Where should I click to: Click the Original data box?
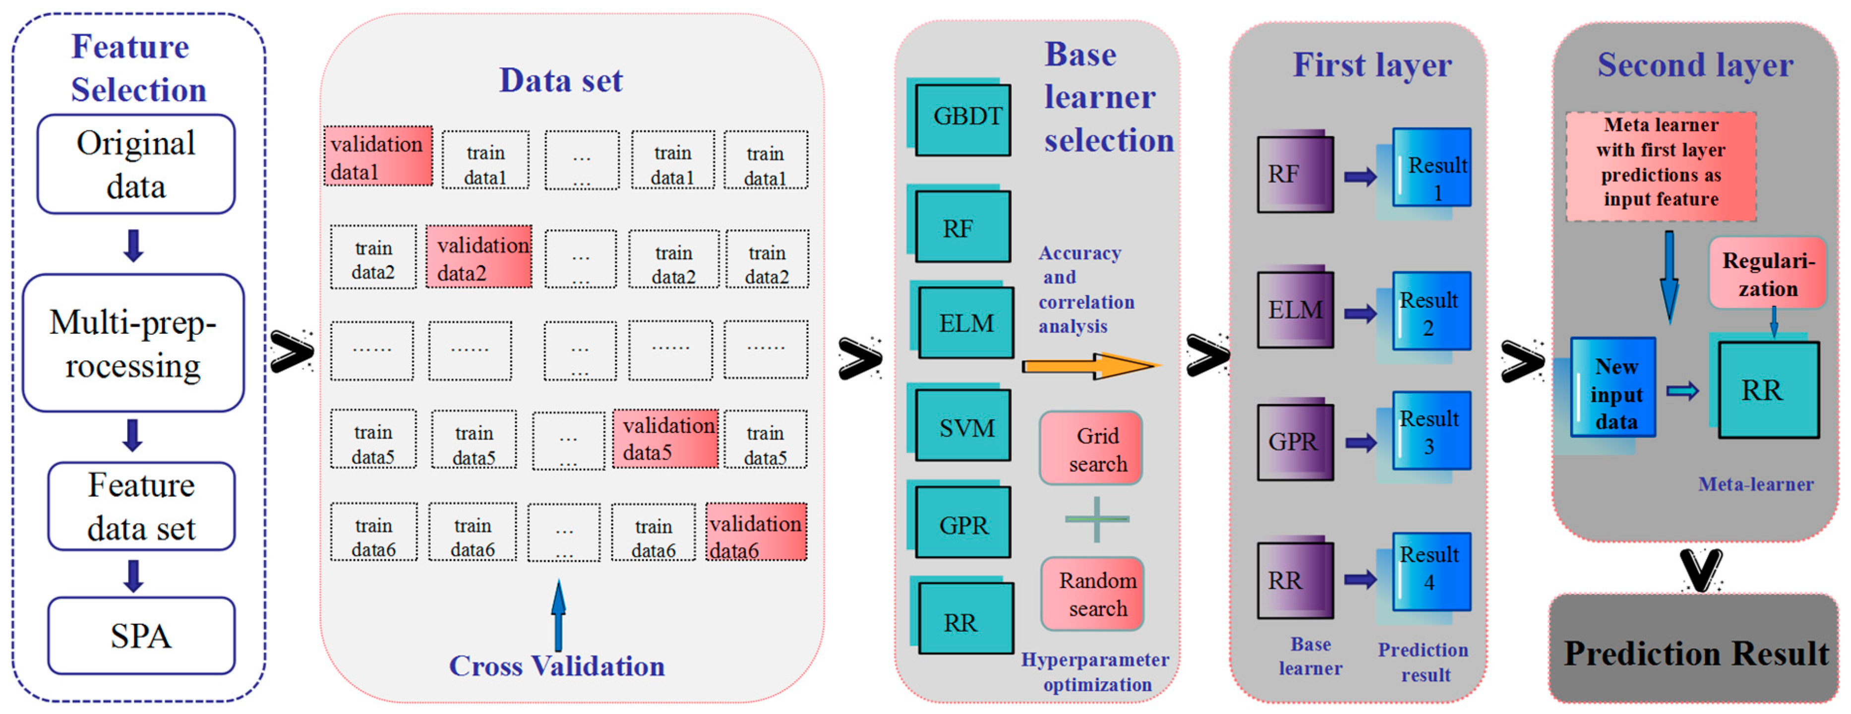coord(136,165)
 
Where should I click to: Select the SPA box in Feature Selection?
coord(141,635)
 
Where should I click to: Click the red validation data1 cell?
coord(378,157)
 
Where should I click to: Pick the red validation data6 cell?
coord(756,532)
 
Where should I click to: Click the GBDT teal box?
coord(963,119)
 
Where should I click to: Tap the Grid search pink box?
coord(1091,448)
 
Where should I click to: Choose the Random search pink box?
coord(1092,594)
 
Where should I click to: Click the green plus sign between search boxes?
coord(1096,519)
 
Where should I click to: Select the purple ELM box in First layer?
coord(1295,309)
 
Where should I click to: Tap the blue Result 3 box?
coord(1431,431)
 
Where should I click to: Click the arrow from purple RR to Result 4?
coord(1360,579)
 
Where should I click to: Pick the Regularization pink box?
coord(1768,274)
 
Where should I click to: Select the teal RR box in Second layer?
coord(1768,390)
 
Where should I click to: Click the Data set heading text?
coord(561,80)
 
